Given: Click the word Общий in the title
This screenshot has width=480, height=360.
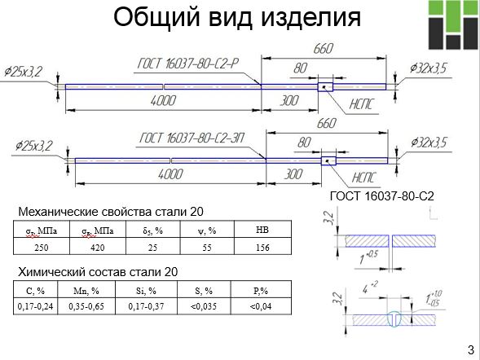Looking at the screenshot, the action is pos(156,17).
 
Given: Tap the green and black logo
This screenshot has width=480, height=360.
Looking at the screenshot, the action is pos(453,24).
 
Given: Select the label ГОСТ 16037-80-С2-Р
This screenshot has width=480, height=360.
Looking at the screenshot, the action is pos(187,64).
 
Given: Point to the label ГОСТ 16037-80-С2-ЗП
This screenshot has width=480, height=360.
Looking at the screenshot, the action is pos(192,138).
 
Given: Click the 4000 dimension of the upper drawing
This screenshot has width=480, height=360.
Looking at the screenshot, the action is pos(163,100).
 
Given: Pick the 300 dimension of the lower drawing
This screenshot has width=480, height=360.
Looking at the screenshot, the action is pos(293,174).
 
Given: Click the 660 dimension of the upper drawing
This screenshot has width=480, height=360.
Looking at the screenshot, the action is pos(324,48).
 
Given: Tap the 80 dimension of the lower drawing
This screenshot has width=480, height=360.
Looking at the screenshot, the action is pos(304,143).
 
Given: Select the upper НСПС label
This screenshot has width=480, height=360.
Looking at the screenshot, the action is pos(361,104).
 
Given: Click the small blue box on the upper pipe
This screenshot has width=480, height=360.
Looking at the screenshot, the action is pos(325,87).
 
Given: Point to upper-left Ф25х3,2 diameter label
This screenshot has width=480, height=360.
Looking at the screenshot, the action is pos(24,72).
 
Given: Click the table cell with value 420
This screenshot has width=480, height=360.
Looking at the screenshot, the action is pos(98,247).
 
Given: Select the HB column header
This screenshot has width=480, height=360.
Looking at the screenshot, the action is pos(262,230).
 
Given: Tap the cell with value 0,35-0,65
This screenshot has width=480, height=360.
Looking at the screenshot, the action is pos(86,306).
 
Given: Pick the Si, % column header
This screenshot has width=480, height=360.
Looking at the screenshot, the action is pos(146,291).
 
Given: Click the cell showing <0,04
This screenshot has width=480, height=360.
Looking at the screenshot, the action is pos(261,306).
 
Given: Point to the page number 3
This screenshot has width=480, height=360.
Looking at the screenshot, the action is pos(471,350).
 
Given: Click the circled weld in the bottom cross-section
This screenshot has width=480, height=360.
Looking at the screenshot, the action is pos(395,319).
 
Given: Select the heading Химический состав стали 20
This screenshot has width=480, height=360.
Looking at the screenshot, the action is pos(98,271).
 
